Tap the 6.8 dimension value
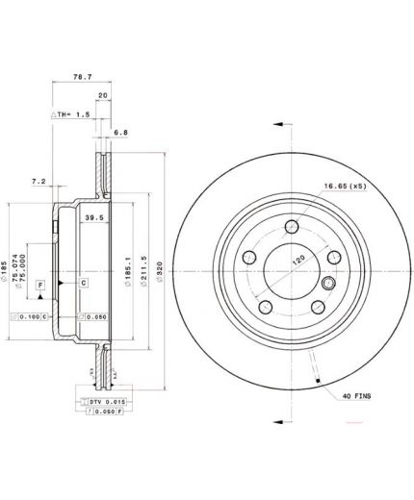pyautogui.click(x=119, y=132)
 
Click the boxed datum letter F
pyautogui.click(x=40, y=285)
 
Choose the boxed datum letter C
pyautogui.click(x=84, y=282)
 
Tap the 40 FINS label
pyautogui.click(x=356, y=395)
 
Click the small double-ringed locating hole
pyautogui.click(x=326, y=283)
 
